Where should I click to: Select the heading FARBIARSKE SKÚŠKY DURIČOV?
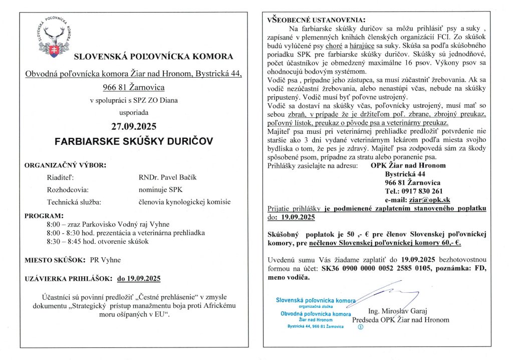134,141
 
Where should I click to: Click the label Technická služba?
74,202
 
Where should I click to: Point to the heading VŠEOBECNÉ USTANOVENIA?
311,20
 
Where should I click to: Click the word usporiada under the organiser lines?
134,112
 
